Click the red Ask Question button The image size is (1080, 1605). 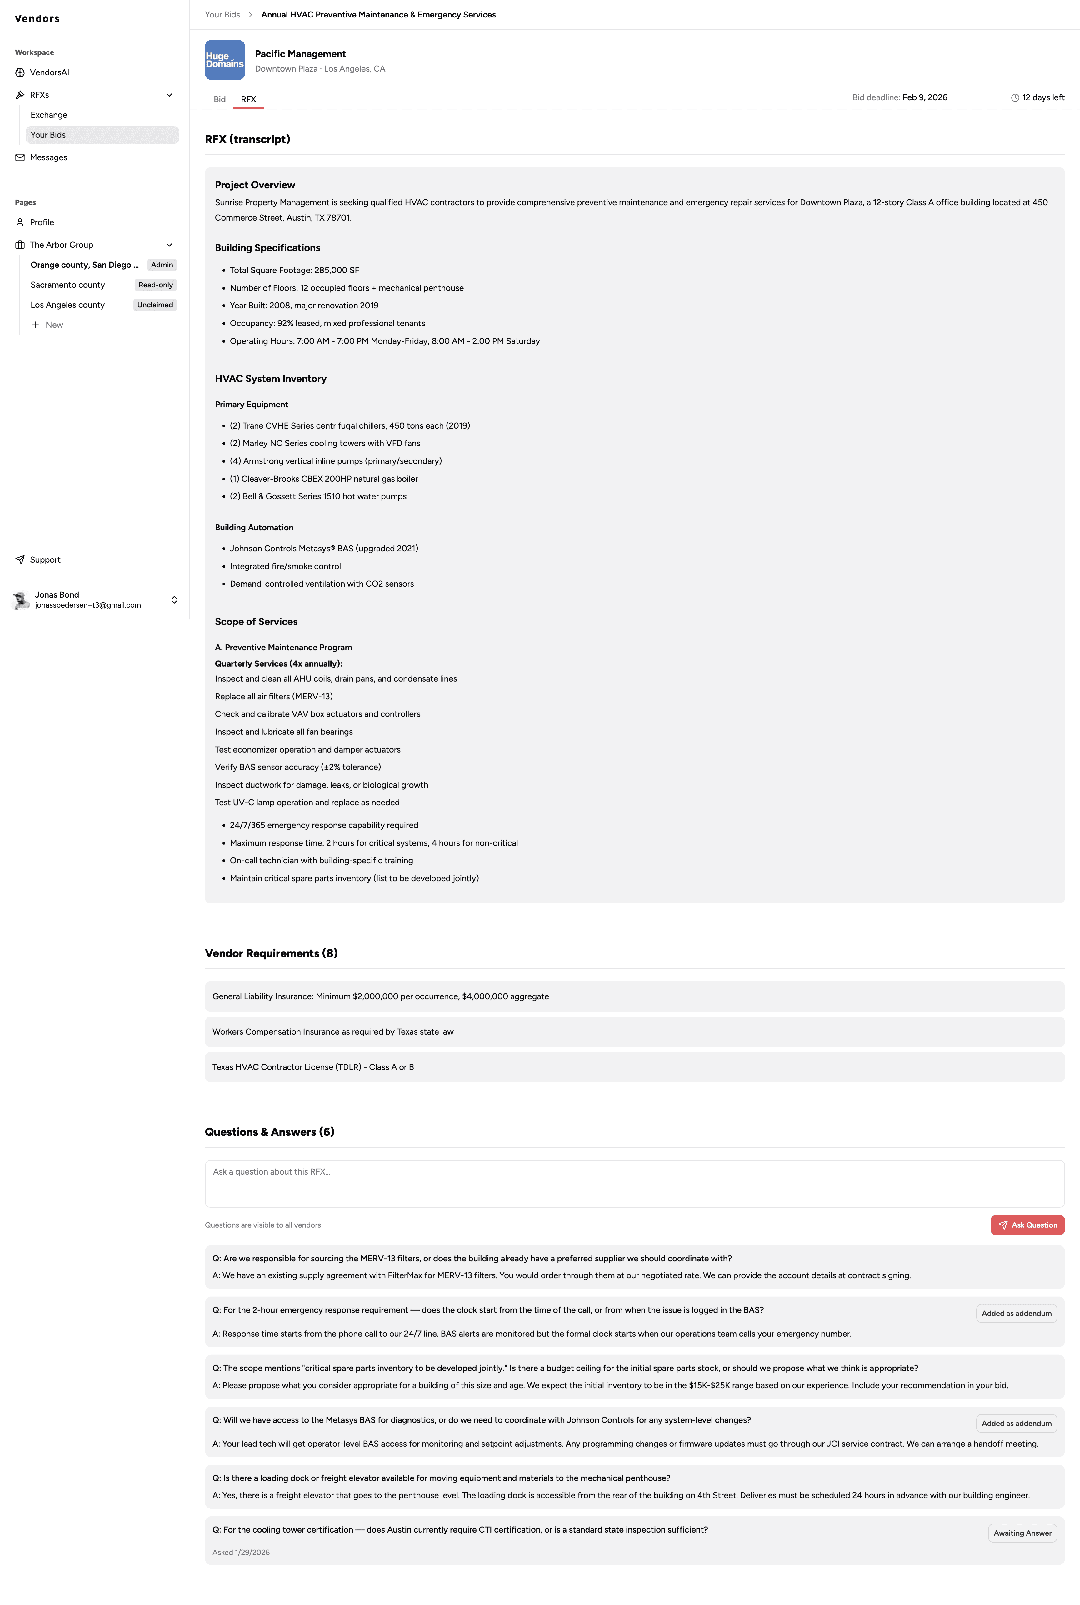coord(1027,1225)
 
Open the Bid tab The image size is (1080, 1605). coord(220,99)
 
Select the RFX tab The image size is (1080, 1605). coord(248,99)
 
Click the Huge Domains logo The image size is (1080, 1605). coord(225,60)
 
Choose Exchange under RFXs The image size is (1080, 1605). coord(49,115)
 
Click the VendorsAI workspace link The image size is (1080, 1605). coord(49,72)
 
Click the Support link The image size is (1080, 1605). coord(45,560)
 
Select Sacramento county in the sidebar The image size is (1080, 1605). coord(67,285)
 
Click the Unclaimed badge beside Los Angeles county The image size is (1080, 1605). coord(155,305)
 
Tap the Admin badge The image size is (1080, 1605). coord(162,265)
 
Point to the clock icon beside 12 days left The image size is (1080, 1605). coord(1015,98)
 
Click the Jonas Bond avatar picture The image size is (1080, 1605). coord(21,600)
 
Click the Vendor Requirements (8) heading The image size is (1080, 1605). coord(271,953)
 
